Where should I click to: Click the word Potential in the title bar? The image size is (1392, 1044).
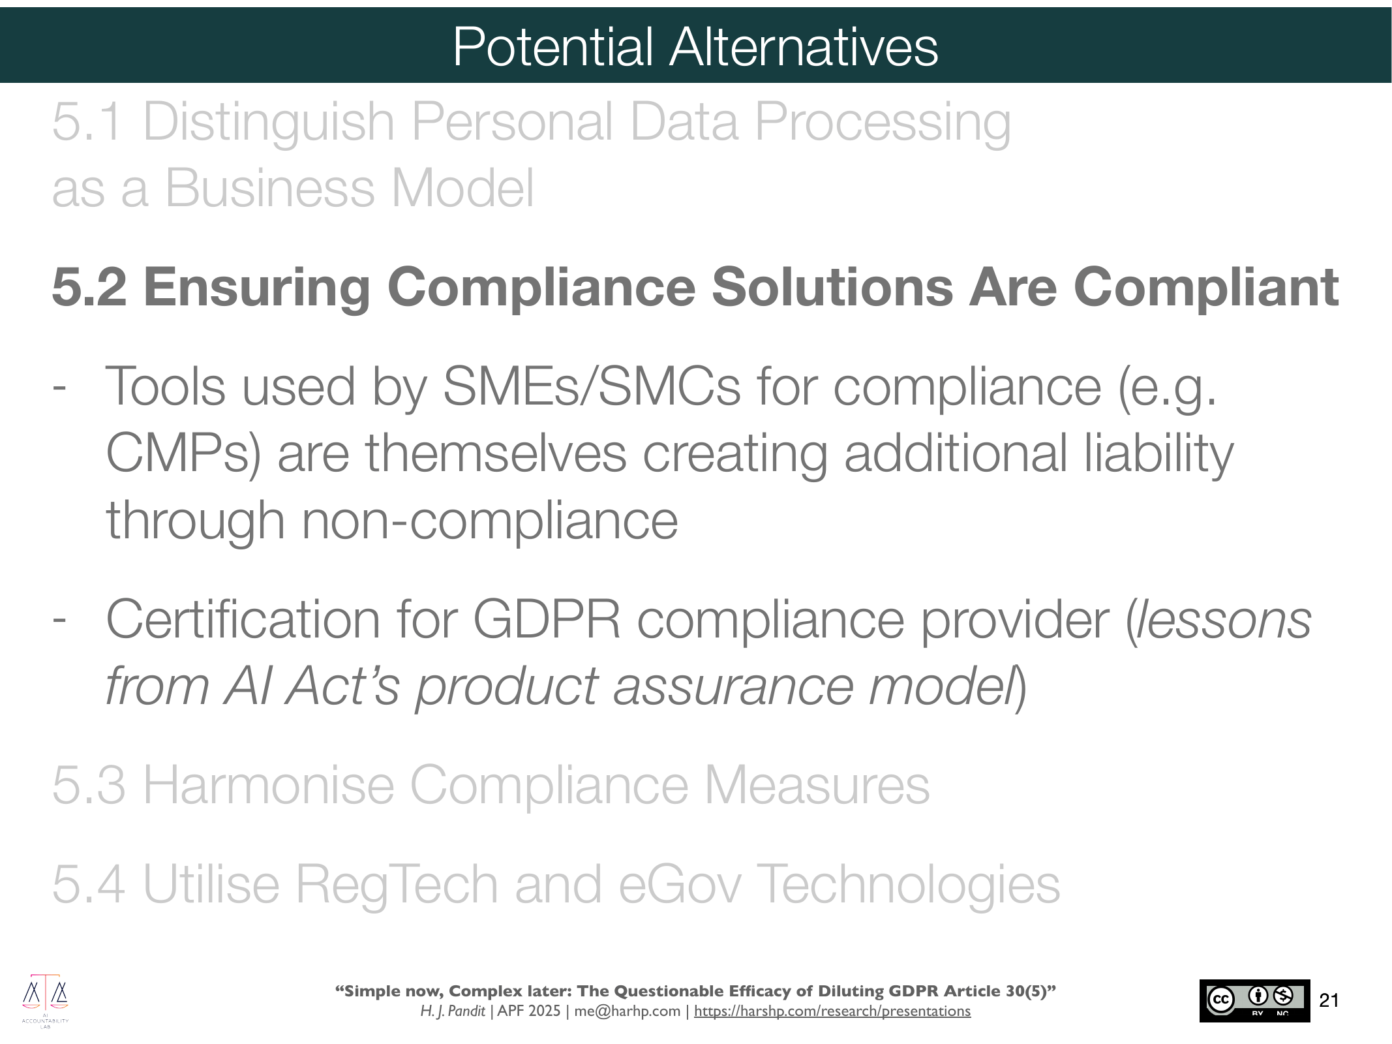pyautogui.click(x=553, y=46)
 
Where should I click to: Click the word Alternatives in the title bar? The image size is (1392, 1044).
pyautogui.click(x=804, y=46)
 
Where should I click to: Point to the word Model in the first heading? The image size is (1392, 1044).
pyautogui.click(x=462, y=189)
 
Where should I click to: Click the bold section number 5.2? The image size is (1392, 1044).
pyautogui.click(x=89, y=286)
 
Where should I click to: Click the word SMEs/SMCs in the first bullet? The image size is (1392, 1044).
pyautogui.click(x=592, y=386)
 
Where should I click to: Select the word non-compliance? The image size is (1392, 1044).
pyautogui.click(x=490, y=521)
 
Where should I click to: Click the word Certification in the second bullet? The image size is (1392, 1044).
pyautogui.click(x=243, y=619)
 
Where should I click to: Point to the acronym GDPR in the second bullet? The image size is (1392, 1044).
pyautogui.click(x=547, y=619)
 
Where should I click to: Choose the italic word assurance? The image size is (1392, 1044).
pyautogui.click(x=733, y=686)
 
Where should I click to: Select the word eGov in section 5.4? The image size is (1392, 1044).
pyautogui.click(x=680, y=885)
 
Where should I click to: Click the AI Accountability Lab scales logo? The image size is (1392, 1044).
pyautogui.click(x=46, y=1000)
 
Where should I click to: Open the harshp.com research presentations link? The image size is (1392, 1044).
pyautogui.click(x=832, y=1011)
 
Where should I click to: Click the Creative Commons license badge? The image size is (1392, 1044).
pyautogui.click(x=1254, y=1000)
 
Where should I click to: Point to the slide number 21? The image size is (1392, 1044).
pyautogui.click(x=1329, y=1000)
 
